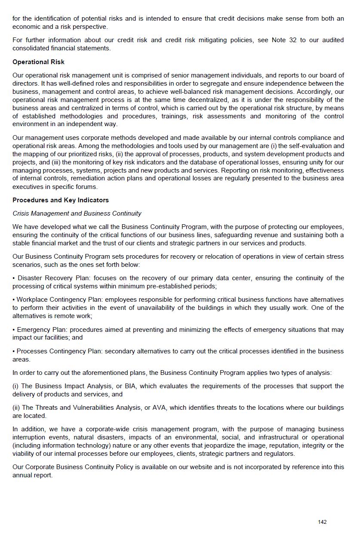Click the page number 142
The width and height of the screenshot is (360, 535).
coord(322,522)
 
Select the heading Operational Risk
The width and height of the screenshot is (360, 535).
coord(38,62)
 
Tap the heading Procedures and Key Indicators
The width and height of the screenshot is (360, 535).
coord(61,200)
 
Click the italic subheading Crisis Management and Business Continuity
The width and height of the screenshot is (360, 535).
coord(77,213)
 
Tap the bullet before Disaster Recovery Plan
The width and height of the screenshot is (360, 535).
coord(14,278)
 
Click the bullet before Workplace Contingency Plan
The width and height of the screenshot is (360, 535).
coord(14,300)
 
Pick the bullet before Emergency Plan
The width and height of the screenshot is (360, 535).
coord(14,330)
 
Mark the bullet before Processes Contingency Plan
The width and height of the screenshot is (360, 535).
coord(14,351)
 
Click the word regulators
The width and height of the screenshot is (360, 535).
coord(279,454)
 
